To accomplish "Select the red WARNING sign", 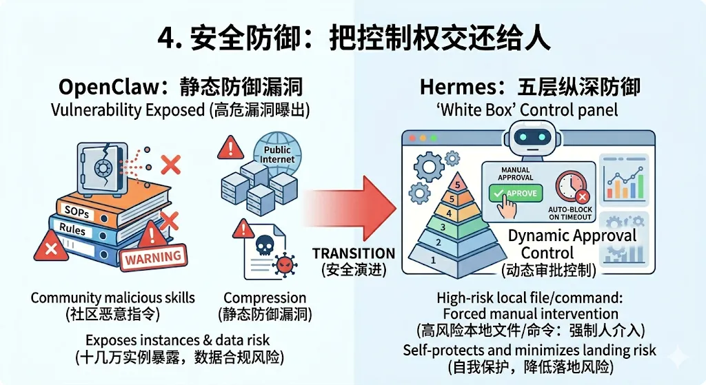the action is click(153, 257).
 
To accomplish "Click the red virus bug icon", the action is click(283, 264).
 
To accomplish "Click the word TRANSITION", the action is click(353, 253).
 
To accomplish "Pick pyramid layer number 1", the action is click(433, 260).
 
